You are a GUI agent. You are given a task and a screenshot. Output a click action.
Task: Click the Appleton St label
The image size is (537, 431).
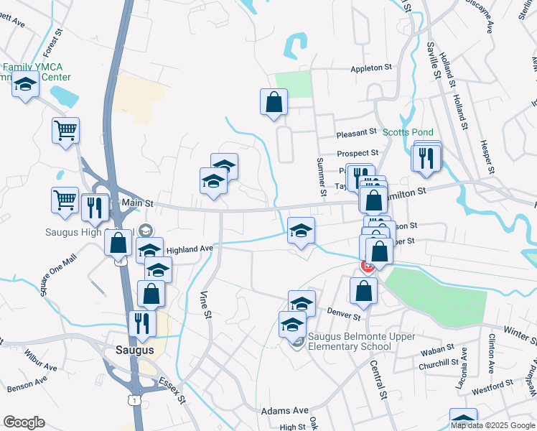point(371,68)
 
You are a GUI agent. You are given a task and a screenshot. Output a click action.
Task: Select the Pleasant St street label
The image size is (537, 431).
point(357,133)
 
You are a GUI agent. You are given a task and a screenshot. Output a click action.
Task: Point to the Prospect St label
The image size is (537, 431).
point(358,153)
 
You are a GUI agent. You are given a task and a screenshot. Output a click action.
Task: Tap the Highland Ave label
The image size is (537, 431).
point(190,249)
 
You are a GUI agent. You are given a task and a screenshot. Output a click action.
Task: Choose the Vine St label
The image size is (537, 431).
point(206,304)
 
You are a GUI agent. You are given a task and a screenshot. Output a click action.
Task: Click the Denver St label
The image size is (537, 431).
point(343,314)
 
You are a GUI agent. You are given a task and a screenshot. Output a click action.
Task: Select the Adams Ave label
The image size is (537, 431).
point(285,410)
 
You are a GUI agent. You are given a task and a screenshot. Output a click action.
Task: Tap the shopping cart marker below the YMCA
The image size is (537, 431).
point(65,131)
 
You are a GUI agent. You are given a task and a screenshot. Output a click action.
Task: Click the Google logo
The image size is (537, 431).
point(24,422)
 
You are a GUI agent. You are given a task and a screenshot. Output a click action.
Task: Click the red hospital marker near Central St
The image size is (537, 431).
point(367,267)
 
